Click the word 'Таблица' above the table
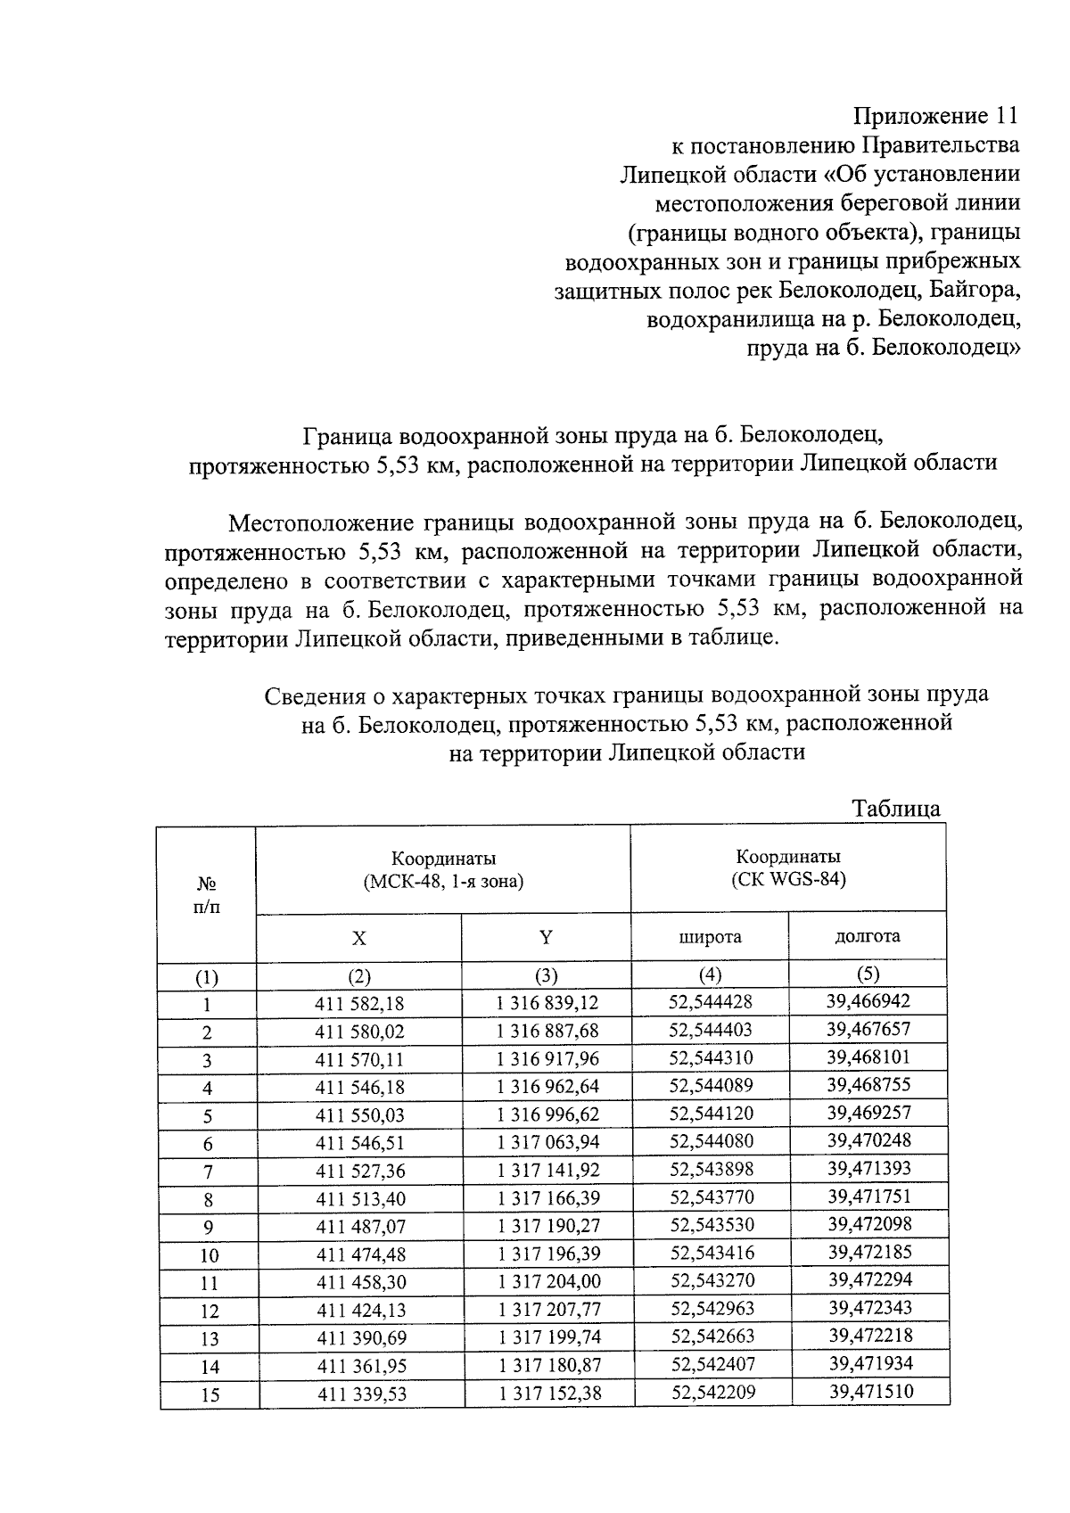(895, 809)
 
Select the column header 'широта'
(711, 937)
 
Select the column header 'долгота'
(867, 936)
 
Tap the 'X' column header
(358, 938)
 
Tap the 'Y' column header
(546, 937)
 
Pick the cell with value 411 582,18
(359, 1004)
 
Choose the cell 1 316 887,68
(547, 1032)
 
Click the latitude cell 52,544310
(711, 1058)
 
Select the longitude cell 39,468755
(868, 1085)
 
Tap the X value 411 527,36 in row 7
(359, 1171)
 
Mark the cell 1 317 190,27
(548, 1226)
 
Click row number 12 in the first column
(209, 1312)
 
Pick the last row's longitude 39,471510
(870, 1391)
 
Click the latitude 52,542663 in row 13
(712, 1336)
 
